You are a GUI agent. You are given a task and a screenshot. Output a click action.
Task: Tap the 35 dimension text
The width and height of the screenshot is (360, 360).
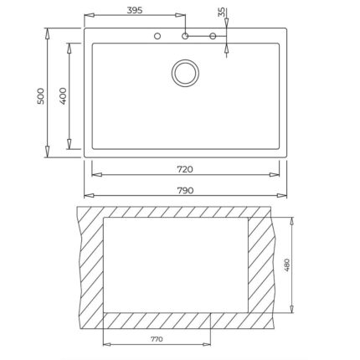tap(221, 13)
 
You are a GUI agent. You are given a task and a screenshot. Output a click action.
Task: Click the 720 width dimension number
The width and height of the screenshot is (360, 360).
tap(184, 169)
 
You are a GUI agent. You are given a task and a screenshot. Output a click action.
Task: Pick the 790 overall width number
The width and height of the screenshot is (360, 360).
tap(184, 191)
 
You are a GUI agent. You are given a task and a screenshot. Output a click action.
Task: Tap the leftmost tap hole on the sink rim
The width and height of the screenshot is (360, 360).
tap(156, 37)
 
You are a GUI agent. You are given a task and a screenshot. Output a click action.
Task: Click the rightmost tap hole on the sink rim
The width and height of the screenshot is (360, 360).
tap(213, 37)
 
